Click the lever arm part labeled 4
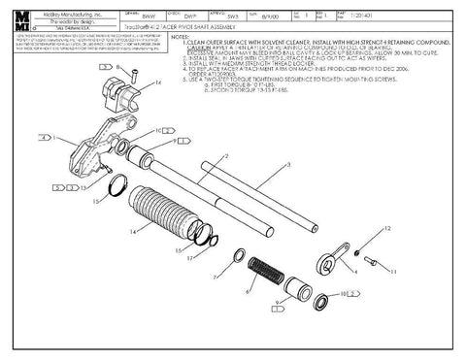pos(333,262)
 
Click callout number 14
pos(132,233)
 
